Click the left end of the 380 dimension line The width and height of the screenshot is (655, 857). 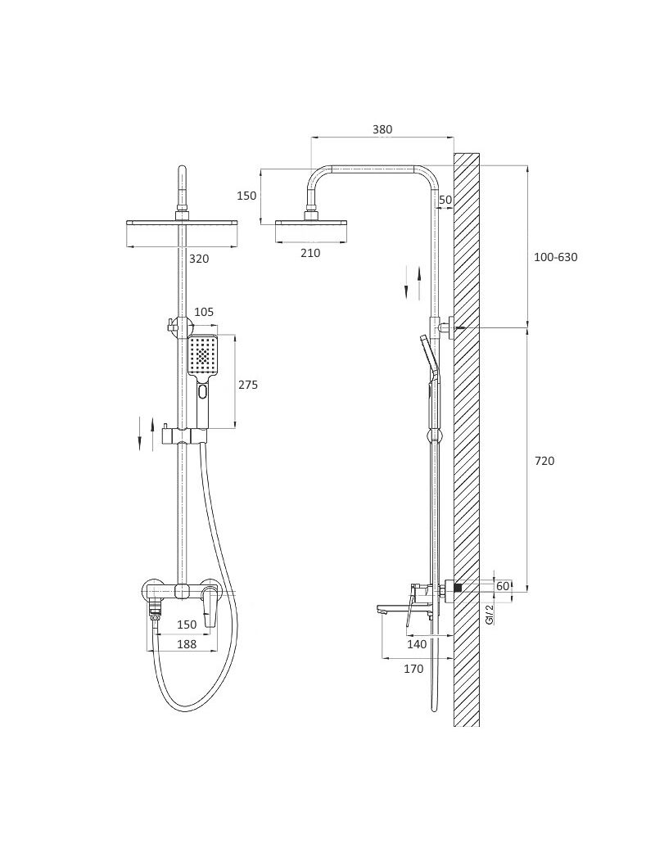click(x=310, y=137)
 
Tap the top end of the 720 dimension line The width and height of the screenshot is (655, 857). click(x=527, y=329)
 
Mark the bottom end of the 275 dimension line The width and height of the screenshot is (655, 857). click(x=236, y=427)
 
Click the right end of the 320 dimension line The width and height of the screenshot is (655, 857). click(x=238, y=246)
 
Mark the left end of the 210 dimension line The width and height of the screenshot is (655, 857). click(x=276, y=241)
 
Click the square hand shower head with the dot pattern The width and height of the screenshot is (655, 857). click(x=203, y=356)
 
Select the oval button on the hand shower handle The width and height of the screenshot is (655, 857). click(x=203, y=392)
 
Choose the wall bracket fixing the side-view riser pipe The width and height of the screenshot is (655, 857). click(x=447, y=328)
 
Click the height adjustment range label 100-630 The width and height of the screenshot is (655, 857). click(x=555, y=257)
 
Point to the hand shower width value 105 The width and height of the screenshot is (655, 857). click(x=203, y=312)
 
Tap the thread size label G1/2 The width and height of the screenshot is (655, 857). click(x=490, y=614)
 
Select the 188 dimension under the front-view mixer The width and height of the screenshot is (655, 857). click(x=187, y=644)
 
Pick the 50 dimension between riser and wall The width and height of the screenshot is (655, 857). click(x=445, y=200)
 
